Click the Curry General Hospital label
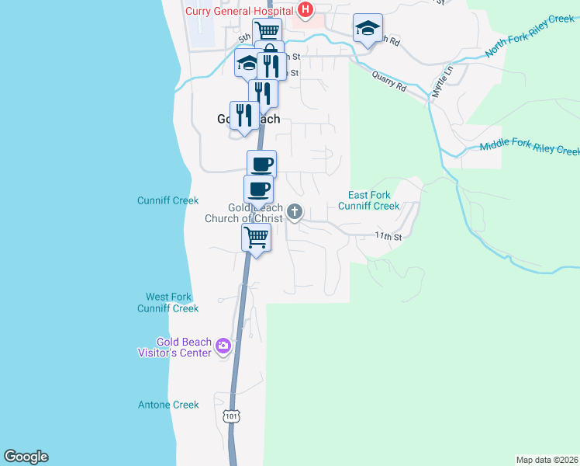[x=238, y=10]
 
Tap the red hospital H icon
[x=306, y=10]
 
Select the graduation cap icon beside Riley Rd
[x=368, y=29]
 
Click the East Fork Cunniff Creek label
[x=369, y=200]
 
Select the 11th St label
[x=388, y=235]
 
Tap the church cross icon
[x=295, y=210]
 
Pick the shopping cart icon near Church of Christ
[x=257, y=237]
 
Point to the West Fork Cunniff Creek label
[x=168, y=303]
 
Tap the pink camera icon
[x=223, y=346]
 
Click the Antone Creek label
[x=168, y=405]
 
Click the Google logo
[x=26, y=457]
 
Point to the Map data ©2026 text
[x=547, y=460]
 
